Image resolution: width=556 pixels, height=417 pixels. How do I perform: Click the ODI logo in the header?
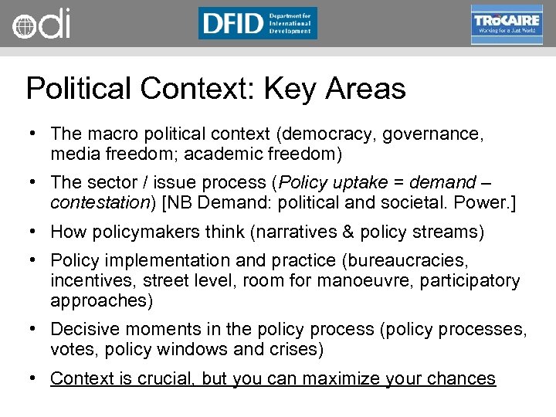pyautogui.click(x=41, y=23)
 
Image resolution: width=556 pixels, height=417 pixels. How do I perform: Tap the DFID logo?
pyautogui.click(x=257, y=23)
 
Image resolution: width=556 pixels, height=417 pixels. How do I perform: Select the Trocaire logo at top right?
pyautogui.click(x=507, y=23)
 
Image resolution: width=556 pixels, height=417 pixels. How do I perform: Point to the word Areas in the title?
pyautogui.click(x=365, y=89)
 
